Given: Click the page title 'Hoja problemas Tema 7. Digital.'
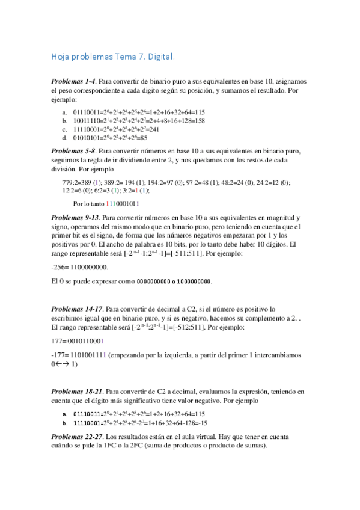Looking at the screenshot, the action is click(113, 57).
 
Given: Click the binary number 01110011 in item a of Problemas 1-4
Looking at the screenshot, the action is click(86, 112).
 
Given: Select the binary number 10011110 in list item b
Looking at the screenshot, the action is click(86, 120).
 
